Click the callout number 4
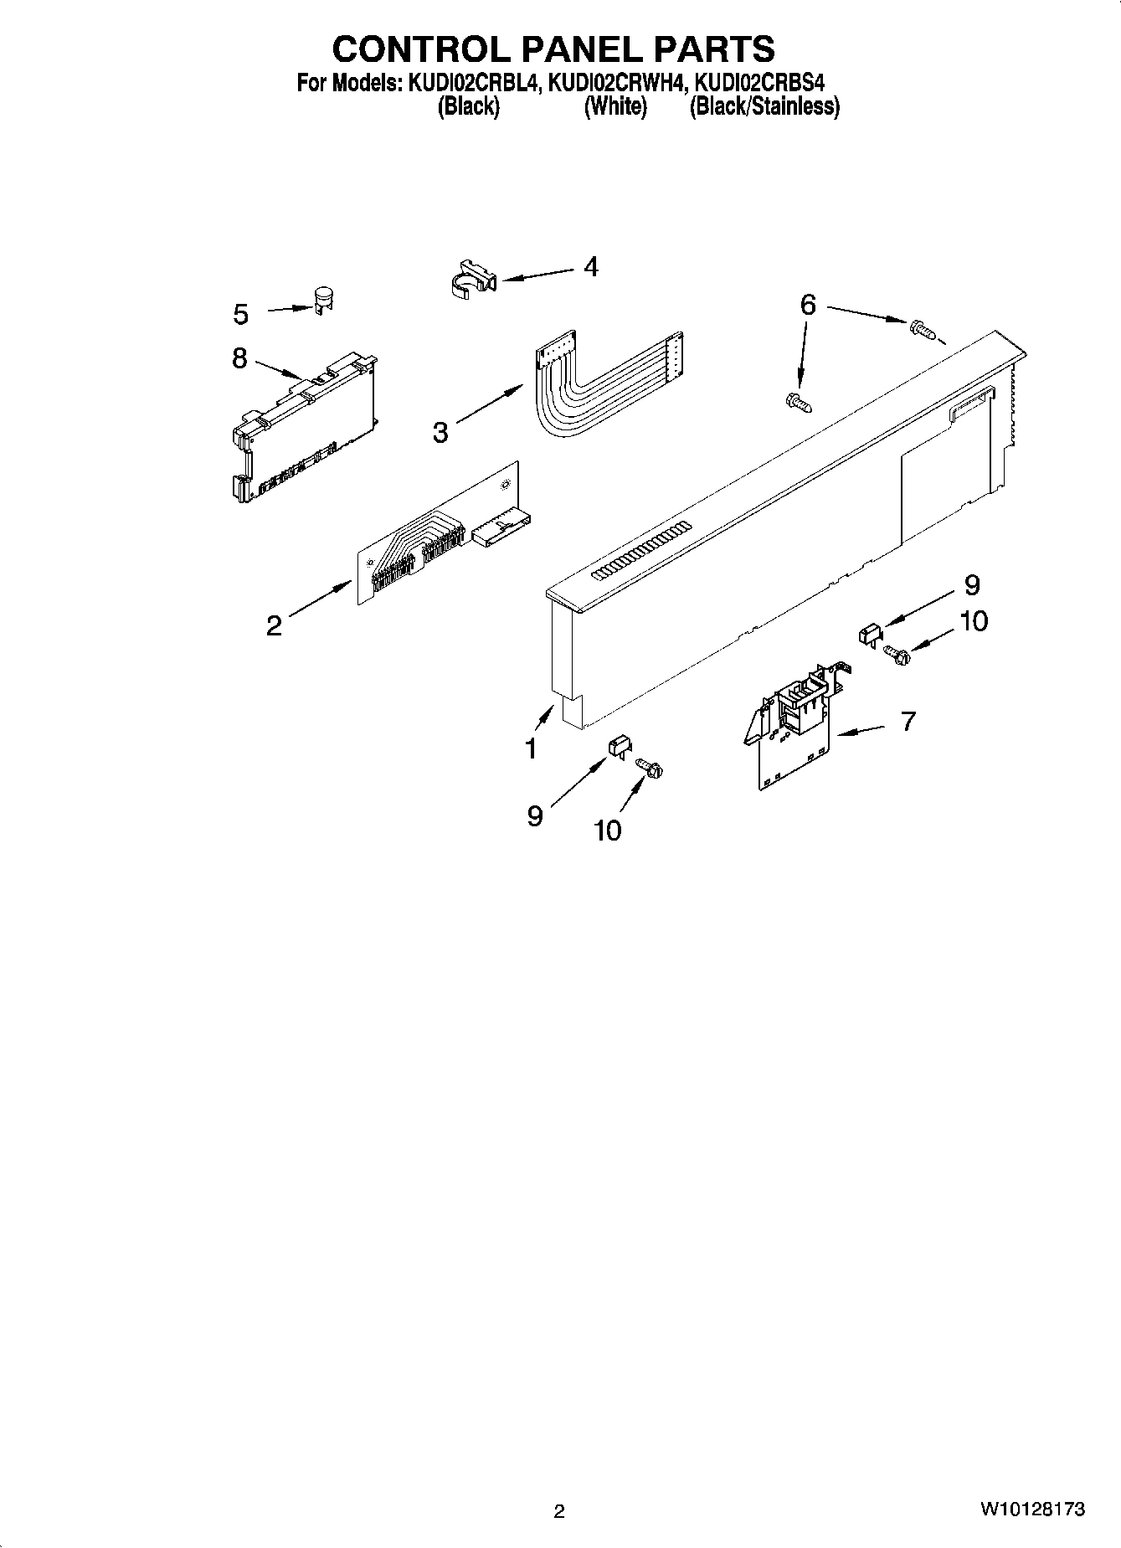tap(591, 267)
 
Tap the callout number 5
tap(241, 315)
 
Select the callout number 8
tap(240, 358)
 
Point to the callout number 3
tap(440, 433)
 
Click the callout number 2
tap(274, 625)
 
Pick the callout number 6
tap(807, 305)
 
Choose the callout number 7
tap(908, 721)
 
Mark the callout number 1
tap(531, 748)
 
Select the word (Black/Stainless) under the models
tap(764, 107)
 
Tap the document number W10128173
tap(1032, 1509)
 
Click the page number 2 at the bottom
tap(559, 1511)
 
